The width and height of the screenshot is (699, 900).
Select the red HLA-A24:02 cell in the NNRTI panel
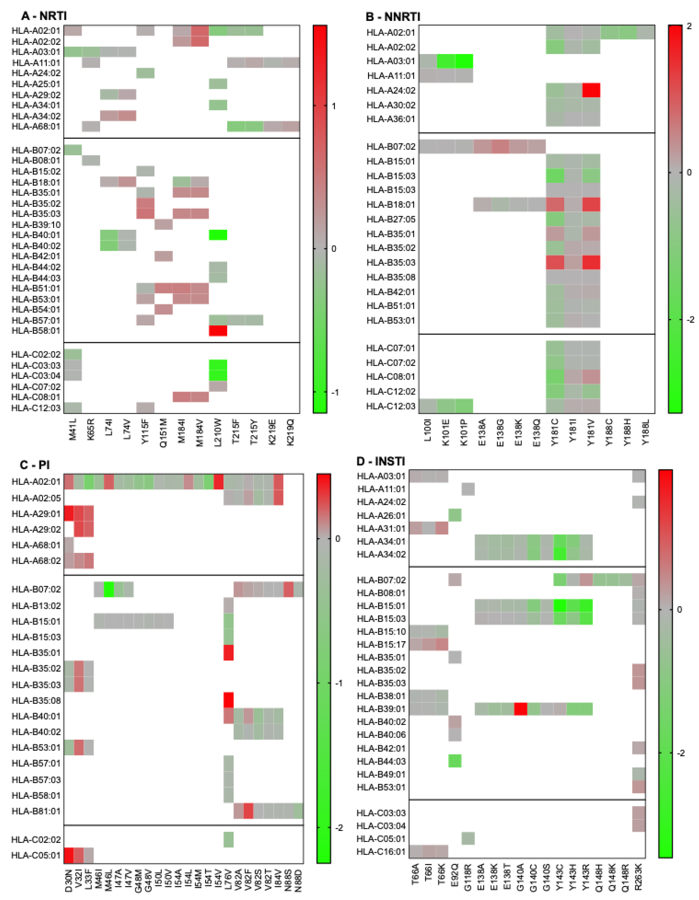[591, 90]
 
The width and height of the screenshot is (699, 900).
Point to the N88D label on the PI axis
[298, 880]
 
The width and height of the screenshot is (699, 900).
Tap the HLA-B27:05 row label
[391, 219]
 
